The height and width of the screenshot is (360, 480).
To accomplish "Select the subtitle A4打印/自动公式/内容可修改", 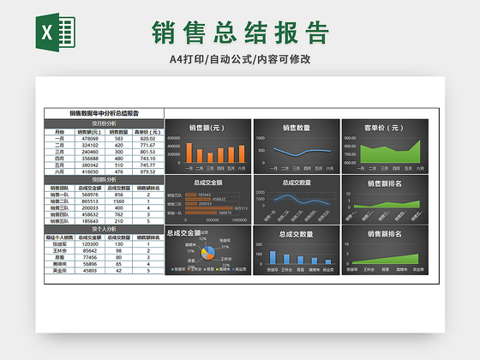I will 240,59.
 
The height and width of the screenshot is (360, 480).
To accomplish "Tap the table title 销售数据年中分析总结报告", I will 104,112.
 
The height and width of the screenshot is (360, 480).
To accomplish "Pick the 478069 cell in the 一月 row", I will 90,139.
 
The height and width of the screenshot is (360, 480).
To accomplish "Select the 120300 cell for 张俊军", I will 90,243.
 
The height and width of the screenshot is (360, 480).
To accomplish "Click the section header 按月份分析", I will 104,123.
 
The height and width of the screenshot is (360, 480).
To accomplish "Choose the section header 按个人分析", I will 104,229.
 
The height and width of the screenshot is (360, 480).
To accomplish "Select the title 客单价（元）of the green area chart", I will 383,128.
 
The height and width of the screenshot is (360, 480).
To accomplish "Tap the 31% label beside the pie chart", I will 225,248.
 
